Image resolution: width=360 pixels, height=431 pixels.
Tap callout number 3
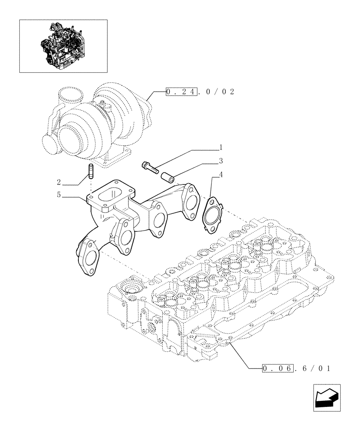[220, 162]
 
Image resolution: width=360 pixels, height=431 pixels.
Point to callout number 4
[220, 175]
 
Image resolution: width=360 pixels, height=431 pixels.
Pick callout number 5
[58, 195]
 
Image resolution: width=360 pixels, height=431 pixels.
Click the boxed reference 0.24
[182, 91]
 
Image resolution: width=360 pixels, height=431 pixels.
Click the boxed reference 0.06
[279, 368]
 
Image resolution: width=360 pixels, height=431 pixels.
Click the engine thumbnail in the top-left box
[63, 45]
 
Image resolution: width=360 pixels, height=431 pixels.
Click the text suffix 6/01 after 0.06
[313, 368]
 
